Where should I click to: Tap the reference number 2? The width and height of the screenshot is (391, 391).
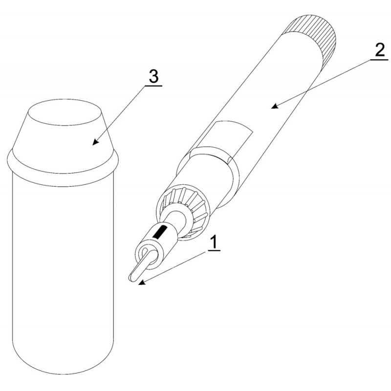[x=380, y=51]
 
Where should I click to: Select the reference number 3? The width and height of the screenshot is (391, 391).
[x=153, y=76]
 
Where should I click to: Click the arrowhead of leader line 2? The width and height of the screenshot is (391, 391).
[x=275, y=106]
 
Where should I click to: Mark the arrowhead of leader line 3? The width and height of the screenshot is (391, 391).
[x=95, y=142]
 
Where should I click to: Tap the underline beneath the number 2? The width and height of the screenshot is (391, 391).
[x=379, y=60]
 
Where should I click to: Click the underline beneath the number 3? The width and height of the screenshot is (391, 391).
[x=153, y=86]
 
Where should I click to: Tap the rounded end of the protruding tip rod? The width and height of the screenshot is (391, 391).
[x=131, y=278]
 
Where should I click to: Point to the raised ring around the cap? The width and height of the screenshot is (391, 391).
[x=62, y=170]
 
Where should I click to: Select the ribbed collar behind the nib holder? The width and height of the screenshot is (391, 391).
[x=185, y=212]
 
